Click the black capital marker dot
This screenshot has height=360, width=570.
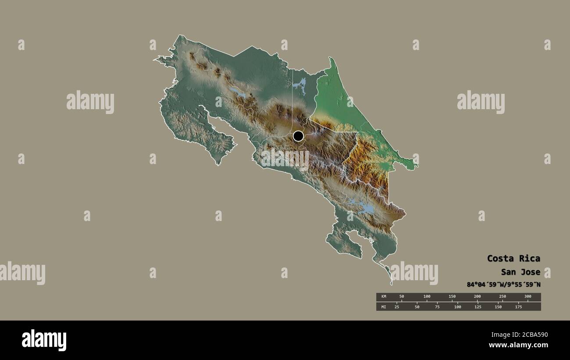[x=298, y=136]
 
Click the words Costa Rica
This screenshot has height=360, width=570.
[x=513, y=258]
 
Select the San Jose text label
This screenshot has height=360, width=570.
[x=520, y=272]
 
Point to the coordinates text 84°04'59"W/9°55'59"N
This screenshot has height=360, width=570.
[x=503, y=285]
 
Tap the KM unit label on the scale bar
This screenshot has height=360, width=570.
[x=384, y=296]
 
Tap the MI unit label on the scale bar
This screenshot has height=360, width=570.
[x=384, y=307]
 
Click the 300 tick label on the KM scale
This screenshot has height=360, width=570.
[x=527, y=296]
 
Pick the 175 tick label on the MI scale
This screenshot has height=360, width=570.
[x=518, y=307]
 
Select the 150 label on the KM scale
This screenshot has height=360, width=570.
[x=452, y=296]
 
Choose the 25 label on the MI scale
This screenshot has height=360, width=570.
[x=397, y=307]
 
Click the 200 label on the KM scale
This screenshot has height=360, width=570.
[x=477, y=296]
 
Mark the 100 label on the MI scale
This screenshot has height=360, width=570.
[x=457, y=307]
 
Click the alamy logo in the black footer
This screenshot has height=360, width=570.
[x=44, y=340]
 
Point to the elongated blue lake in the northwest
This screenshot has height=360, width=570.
[x=238, y=92]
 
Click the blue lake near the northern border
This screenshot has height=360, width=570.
[x=300, y=85]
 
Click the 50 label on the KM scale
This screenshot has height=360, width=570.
[x=401, y=296]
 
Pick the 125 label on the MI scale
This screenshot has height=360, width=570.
[x=477, y=307]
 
